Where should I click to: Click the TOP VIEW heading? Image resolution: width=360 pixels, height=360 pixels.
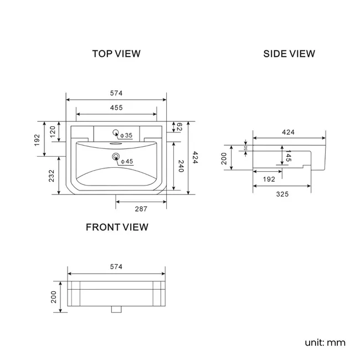coord(116,54)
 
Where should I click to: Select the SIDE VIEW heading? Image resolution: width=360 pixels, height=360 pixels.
coord(289,54)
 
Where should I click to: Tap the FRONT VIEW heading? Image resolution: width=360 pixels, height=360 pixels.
coord(117,227)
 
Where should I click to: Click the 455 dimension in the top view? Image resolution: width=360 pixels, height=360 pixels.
coord(116,107)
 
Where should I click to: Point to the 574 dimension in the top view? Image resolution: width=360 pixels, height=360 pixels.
coord(116,93)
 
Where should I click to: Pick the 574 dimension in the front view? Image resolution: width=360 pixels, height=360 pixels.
coord(116,266)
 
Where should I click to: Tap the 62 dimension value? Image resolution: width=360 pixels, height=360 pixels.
coord(179,128)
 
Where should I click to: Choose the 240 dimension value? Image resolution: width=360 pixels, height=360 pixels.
coord(180,166)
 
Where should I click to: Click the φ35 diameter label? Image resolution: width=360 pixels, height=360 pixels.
coord(126,135)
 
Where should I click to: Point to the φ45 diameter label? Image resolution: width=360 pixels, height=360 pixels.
coord(127,162)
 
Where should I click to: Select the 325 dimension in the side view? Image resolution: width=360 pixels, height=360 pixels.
coord(282,194)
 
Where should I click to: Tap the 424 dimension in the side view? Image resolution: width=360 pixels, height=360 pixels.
coord(288,132)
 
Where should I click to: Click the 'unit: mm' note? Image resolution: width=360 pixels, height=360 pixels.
coord(325,342)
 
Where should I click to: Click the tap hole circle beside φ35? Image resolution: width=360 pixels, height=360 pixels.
coord(116,133)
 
